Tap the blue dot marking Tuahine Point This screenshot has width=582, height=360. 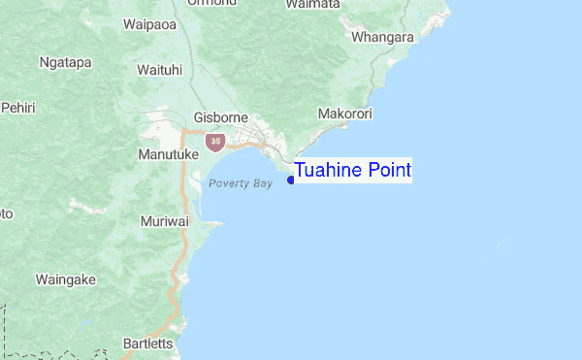[x=291, y=180]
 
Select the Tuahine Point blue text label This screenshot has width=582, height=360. [x=353, y=171]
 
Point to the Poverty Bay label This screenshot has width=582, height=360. [x=240, y=183]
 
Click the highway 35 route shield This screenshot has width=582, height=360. [x=212, y=142]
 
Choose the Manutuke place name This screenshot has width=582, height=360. [x=169, y=154]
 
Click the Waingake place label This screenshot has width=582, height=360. [x=65, y=279]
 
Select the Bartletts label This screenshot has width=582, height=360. [x=147, y=344]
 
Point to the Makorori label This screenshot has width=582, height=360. [x=345, y=114]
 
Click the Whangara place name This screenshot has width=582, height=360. [x=383, y=37]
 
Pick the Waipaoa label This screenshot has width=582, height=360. [x=149, y=25]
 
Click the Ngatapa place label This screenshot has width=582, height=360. [x=65, y=62]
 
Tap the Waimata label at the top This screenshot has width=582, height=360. [x=312, y=5]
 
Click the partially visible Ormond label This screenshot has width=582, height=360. [x=216, y=3]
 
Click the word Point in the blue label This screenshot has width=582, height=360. [x=385, y=171]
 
